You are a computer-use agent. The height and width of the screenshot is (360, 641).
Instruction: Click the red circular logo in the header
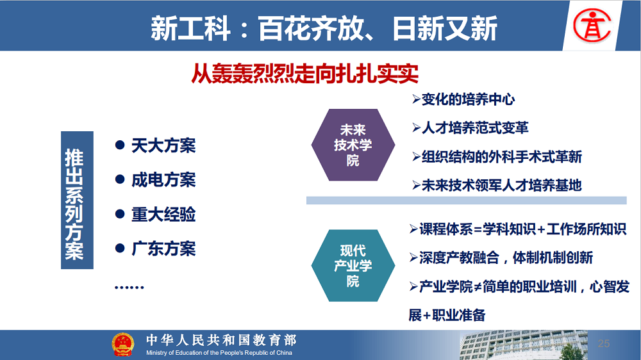592,26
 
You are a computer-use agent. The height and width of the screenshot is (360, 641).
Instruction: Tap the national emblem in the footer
122,345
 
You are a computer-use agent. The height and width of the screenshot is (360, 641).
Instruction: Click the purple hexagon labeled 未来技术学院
353,145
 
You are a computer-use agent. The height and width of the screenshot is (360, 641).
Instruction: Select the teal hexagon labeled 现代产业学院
353,266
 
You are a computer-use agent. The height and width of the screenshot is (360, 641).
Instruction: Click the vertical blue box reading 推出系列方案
78,200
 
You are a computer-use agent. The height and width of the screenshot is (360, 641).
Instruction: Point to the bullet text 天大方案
163,146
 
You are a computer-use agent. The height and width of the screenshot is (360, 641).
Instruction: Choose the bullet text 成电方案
163,180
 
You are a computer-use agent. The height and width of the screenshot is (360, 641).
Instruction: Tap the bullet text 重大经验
163,215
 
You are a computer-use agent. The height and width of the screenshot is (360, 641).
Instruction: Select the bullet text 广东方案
163,249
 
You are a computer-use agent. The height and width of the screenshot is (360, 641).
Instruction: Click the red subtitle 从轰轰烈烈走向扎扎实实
305,74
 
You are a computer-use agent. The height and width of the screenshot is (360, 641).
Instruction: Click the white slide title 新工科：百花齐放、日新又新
324,28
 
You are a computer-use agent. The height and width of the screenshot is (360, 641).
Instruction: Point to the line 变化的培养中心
468,99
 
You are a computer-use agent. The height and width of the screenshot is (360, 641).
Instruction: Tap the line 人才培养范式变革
475,128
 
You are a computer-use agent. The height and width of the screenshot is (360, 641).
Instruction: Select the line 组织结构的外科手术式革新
502,156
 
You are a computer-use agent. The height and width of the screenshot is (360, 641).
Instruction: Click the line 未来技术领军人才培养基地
502,185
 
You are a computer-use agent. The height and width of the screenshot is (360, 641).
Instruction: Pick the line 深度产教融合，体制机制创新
506,258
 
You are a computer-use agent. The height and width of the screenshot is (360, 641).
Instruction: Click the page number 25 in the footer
604,343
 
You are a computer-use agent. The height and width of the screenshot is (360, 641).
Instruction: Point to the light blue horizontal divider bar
467,200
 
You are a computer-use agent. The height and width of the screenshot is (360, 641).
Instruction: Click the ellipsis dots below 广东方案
129,287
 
